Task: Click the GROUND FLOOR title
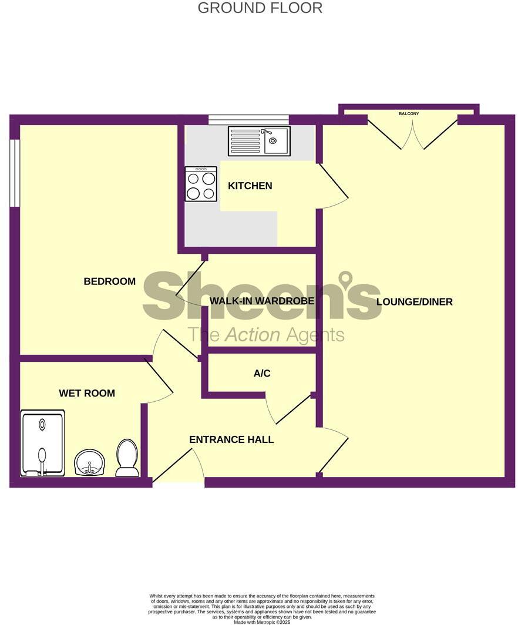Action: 260,8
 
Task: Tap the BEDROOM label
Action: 110,281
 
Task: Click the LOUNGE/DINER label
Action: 415,302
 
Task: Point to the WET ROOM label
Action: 87,393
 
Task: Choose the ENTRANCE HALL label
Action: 231,439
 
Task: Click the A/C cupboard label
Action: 262,374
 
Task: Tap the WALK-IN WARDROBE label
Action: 262,301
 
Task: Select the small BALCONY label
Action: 409,113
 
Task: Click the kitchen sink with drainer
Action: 259,142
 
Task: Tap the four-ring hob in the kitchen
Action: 201,184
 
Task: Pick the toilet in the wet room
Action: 127,458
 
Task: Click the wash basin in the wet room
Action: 89,462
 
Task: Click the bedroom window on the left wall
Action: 15,173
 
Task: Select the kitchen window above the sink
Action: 248,119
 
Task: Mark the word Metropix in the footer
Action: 263,622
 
